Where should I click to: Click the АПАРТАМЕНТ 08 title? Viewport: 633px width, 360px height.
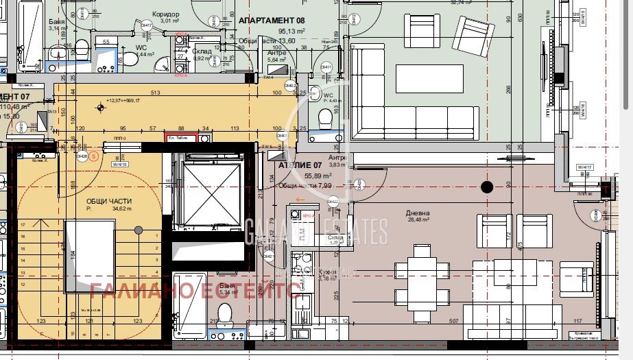pos(271,21)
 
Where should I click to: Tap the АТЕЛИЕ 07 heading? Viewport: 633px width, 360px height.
pos(299,165)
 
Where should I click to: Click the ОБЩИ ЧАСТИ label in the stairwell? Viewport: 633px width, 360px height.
pos(109,201)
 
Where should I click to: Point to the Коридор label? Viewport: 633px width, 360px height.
pos(165,14)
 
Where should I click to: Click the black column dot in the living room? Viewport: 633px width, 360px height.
pos(487,187)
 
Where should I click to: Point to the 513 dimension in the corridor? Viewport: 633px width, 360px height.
pos(156,93)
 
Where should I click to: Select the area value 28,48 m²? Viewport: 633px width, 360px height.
pos(418,220)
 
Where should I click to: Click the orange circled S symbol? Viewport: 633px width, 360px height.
pos(94,156)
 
